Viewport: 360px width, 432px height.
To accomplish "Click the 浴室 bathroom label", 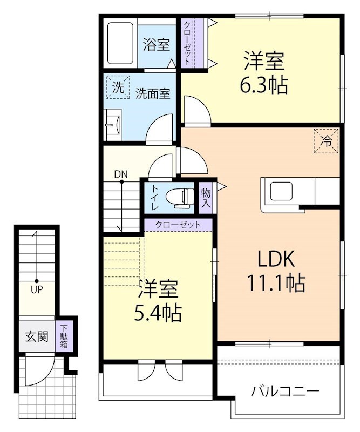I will pyautogui.click(x=157, y=45).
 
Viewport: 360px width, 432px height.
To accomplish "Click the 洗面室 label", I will pyautogui.click(x=153, y=93).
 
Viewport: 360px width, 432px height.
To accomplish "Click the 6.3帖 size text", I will pyautogui.click(x=264, y=85).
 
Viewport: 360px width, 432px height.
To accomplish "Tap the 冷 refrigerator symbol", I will pyautogui.click(x=327, y=141).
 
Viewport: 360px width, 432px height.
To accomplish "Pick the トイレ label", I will pyautogui.click(x=154, y=197).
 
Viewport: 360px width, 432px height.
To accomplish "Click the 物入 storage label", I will pyautogui.click(x=206, y=198).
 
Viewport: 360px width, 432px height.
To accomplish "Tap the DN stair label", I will pyautogui.click(x=120, y=174).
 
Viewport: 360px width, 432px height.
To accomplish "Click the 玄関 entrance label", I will pyautogui.click(x=36, y=336).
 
